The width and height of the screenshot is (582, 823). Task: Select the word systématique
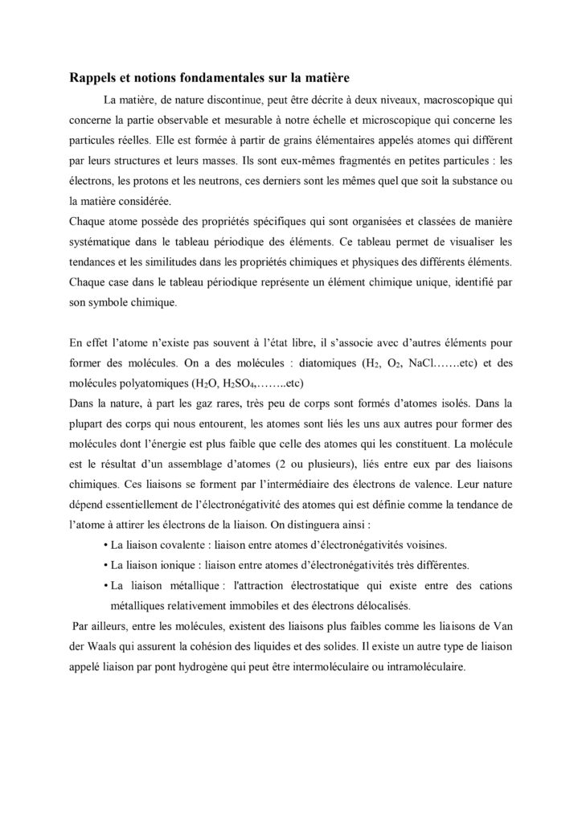[x=102, y=245]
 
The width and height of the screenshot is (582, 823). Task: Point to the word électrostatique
[x=355, y=583]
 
